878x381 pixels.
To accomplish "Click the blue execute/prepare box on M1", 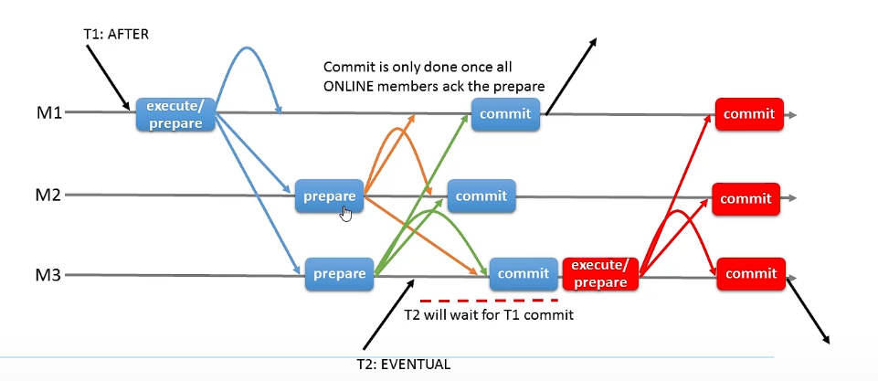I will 175,115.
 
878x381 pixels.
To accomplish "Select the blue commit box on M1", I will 506,113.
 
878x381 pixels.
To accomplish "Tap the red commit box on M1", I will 748,114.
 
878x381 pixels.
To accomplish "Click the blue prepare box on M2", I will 329,196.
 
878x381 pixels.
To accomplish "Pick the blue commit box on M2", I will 481,195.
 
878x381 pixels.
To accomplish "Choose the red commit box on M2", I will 746,197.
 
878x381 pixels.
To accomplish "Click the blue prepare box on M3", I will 340,273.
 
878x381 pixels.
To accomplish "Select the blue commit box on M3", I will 524,273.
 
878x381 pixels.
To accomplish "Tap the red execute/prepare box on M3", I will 599,273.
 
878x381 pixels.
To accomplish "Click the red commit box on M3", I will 750,273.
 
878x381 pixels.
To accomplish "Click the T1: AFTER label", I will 114,35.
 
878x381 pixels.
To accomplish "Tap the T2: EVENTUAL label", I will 404,365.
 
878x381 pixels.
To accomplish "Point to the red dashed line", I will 489,299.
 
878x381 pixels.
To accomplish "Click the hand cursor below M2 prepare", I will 346,214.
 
